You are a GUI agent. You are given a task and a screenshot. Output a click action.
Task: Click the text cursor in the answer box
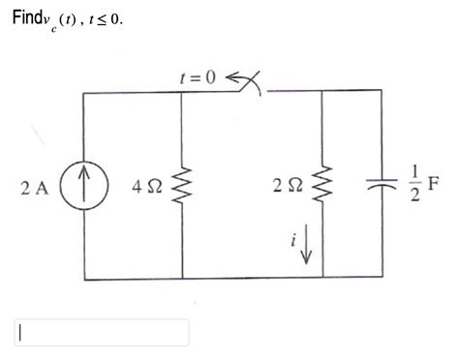[19, 331]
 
